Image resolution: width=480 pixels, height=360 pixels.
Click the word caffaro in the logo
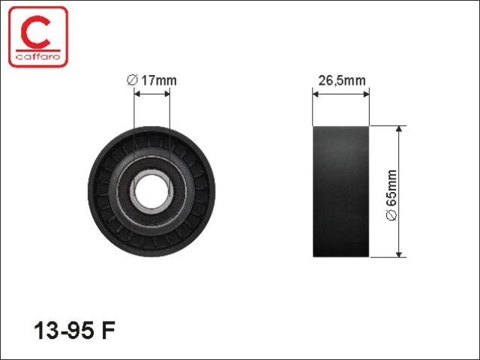[x=38, y=57]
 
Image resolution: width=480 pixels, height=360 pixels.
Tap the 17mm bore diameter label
[x=151, y=80]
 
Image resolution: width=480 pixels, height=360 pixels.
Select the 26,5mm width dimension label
[x=342, y=80]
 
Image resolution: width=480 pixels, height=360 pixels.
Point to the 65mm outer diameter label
[x=391, y=195]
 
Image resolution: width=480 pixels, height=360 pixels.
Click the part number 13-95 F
[x=74, y=331]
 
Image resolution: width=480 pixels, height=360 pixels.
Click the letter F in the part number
[x=108, y=331]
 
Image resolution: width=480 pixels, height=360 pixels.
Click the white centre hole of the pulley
[x=151, y=192]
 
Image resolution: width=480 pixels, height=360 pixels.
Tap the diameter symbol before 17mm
[x=132, y=80]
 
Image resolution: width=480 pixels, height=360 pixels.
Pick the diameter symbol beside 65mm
[x=391, y=215]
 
